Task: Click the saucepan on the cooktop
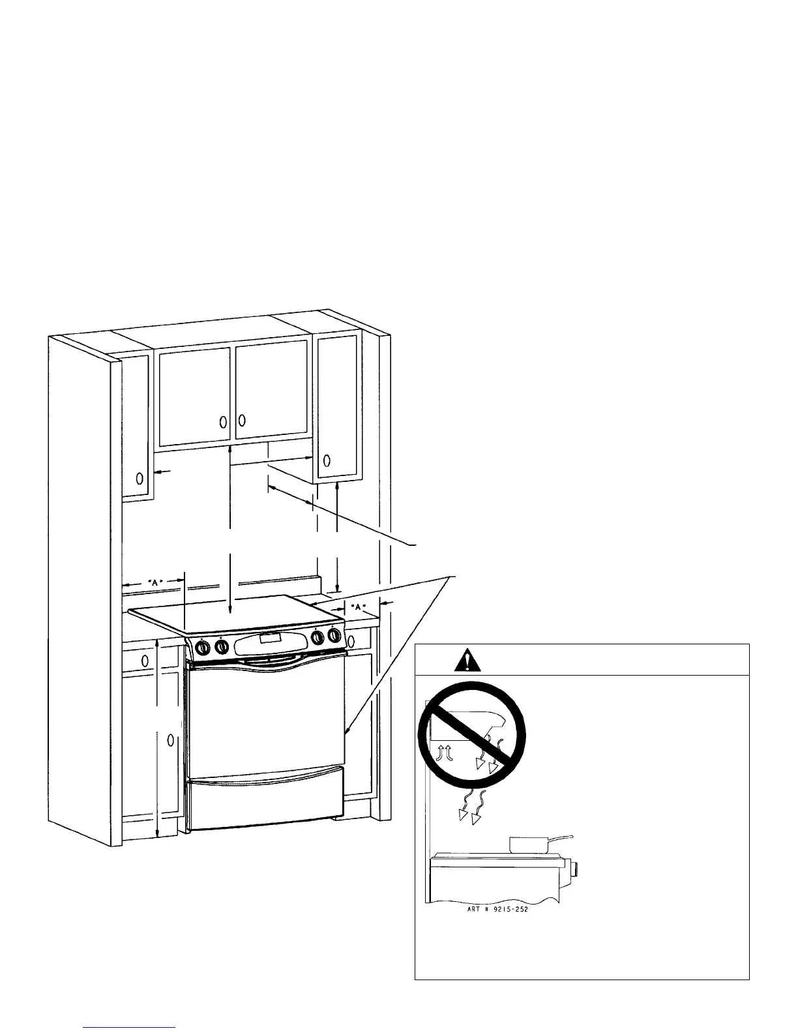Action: (529, 845)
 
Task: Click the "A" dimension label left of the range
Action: (155, 582)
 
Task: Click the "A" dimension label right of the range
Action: (357, 606)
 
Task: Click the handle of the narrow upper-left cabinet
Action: (140, 479)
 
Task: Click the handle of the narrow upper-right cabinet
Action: (327, 461)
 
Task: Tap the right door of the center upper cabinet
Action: (272, 390)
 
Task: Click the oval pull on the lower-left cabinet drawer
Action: (145, 660)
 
